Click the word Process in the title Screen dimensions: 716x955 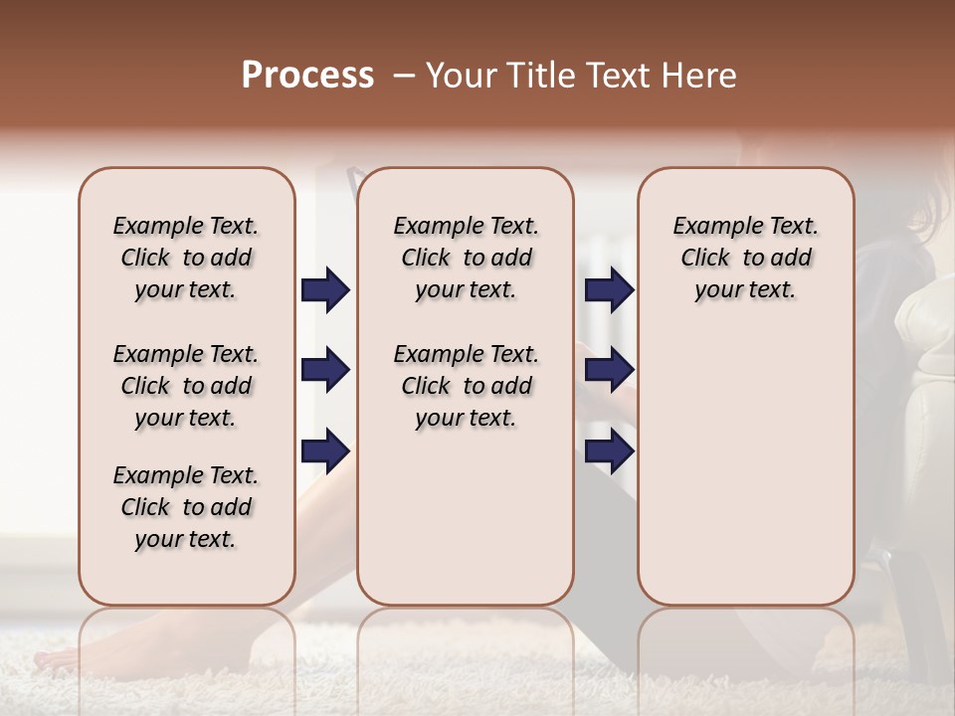pyautogui.click(x=307, y=76)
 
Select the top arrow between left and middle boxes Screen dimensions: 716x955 pyautogui.click(x=325, y=289)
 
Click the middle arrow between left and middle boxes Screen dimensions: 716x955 pyautogui.click(x=325, y=370)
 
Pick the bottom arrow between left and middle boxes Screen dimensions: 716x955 pyautogui.click(x=325, y=450)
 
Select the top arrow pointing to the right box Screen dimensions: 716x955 pyautogui.click(x=609, y=289)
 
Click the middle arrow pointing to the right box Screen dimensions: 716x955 pyautogui.click(x=609, y=370)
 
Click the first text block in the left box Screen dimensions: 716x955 pyautogui.click(x=186, y=258)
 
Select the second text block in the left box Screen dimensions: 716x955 pyautogui.click(x=186, y=386)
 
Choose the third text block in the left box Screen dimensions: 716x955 pyautogui.click(x=186, y=507)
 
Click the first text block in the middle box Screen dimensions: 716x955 pyautogui.click(x=466, y=258)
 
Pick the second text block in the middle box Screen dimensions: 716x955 pyautogui.click(x=466, y=386)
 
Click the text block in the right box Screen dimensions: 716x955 pyautogui.click(x=745, y=258)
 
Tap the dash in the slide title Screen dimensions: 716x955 pyautogui.click(x=404, y=77)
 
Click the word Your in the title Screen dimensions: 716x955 pyautogui.click(x=459, y=76)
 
